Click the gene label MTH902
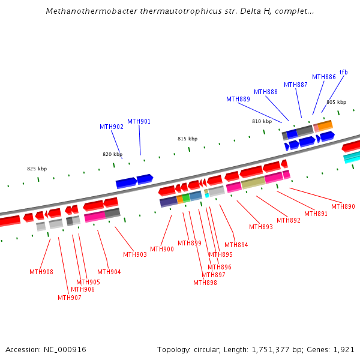(x=112, y=127)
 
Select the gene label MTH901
(x=139, y=121)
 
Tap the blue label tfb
(x=343, y=72)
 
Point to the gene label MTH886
(x=324, y=77)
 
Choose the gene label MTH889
(x=238, y=99)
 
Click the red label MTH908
(x=41, y=272)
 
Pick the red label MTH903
(x=135, y=254)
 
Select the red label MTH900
(x=162, y=249)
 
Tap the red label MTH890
(x=343, y=206)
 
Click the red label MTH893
(x=261, y=227)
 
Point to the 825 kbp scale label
(x=37, y=169)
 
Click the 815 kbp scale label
(x=187, y=139)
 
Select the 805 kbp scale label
(x=336, y=102)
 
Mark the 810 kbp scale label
(x=262, y=121)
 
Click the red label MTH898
(x=205, y=283)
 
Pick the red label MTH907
(x=70, y=298)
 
